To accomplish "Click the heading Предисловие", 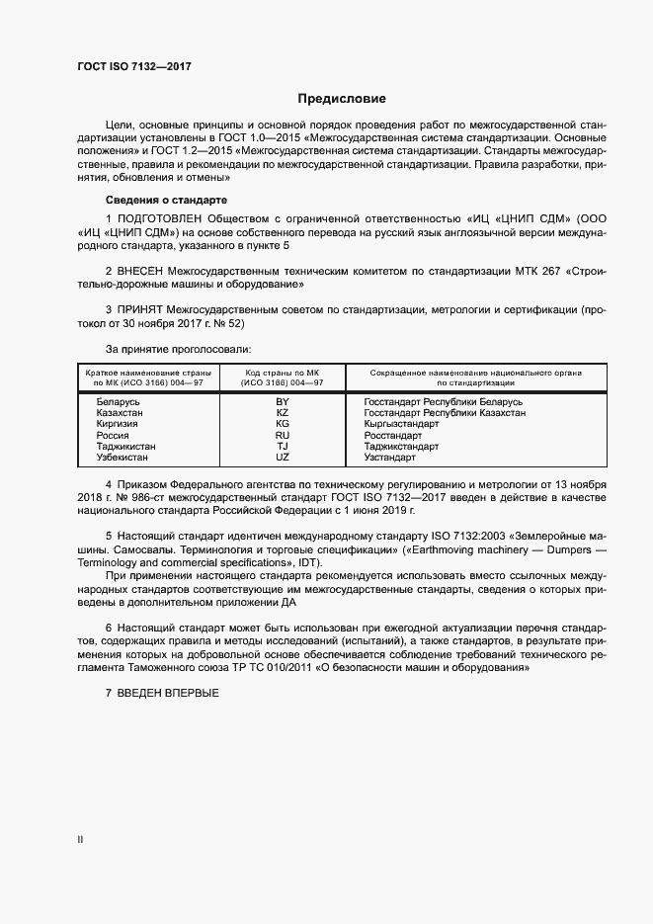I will [343, 99].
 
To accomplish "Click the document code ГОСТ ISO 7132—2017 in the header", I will [133, 66].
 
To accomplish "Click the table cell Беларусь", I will [119, 403].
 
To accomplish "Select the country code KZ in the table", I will [283, 413].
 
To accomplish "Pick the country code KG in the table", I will [283, 424].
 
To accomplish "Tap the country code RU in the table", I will [283, 435].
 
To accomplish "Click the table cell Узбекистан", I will [122, 458].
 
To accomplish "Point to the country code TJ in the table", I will [283, 447].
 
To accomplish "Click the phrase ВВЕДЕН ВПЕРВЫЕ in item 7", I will [167, 695].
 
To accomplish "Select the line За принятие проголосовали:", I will [178, 349].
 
